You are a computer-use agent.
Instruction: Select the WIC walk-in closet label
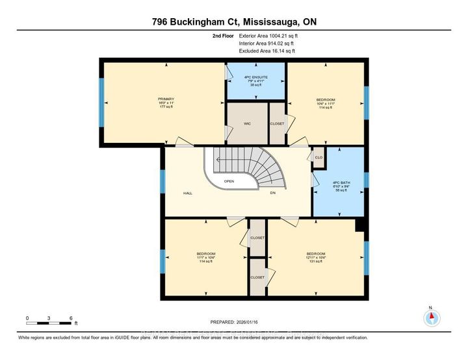point(247,123)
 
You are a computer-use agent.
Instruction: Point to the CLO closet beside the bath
point(318,157)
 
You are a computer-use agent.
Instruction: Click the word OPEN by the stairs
point(229,181)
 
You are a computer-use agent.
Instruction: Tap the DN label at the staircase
point(273,193)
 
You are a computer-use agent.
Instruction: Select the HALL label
point(187,193)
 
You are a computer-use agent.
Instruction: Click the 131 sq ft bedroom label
point(316,256)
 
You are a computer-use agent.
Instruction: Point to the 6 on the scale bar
point(70,317)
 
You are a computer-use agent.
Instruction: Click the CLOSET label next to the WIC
point(278,123)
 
